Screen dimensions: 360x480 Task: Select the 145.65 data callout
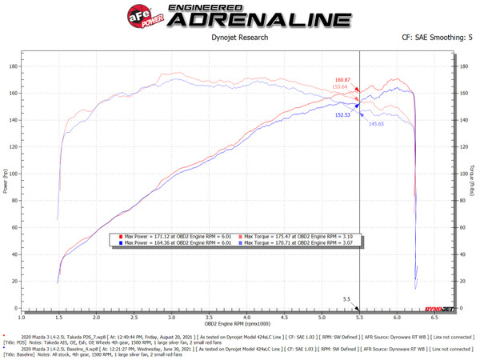coord(377,123)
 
